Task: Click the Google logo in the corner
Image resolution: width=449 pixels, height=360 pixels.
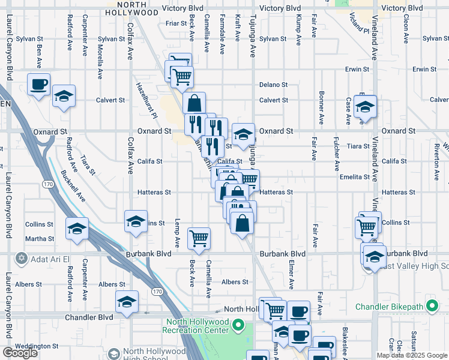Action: point(20,353)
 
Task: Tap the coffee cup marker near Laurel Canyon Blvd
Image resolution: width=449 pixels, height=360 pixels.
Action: point(39,85)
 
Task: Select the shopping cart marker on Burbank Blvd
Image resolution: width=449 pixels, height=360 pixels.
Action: point(199,238)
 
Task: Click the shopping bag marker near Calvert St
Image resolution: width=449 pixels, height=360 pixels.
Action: point(194,103)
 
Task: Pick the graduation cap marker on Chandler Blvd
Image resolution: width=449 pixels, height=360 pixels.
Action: point(127,302)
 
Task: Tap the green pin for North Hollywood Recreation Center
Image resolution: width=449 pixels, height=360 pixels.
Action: point(238,326)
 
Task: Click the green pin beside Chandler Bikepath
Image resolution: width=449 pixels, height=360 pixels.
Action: point(432,307)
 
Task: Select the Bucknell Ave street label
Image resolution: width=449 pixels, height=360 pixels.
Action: point(73,186)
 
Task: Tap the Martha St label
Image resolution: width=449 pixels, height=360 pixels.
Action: point(40,239)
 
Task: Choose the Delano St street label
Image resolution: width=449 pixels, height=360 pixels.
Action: point(274,85)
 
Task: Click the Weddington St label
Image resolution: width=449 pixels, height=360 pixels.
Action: point(37,346)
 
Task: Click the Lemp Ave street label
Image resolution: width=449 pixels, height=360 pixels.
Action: point(177,233)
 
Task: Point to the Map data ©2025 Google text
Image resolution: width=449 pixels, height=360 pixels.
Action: point(412,355)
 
